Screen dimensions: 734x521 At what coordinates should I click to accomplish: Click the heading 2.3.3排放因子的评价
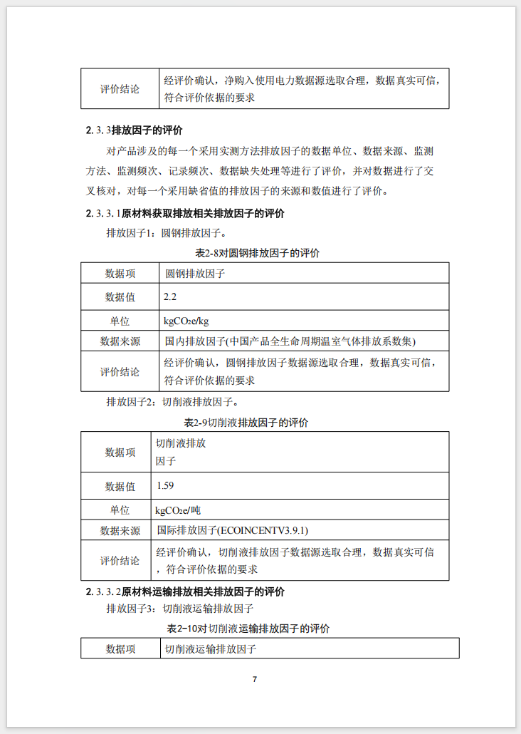135,130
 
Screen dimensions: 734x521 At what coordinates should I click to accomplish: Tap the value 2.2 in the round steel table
170,296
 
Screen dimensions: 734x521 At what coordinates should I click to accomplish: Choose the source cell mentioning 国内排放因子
290,341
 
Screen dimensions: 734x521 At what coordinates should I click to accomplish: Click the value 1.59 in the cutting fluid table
165,485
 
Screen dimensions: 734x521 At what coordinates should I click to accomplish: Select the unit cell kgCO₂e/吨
184,510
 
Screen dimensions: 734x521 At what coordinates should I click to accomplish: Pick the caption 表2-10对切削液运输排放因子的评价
248,629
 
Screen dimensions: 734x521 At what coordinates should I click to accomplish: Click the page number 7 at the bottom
255,679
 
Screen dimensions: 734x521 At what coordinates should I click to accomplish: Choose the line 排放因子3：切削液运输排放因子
180,609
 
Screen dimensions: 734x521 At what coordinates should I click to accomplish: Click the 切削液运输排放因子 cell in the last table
211,649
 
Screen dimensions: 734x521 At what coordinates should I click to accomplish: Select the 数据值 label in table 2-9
120,487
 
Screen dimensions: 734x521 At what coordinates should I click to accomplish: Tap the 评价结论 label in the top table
120,89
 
